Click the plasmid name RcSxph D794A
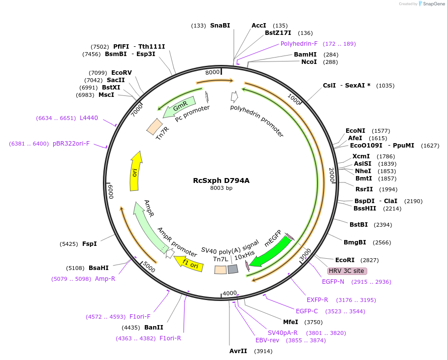(x=221, y=180)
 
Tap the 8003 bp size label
(x=221, y=188)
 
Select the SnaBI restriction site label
(x=220, y=26)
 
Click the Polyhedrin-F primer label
(x=299, y=44)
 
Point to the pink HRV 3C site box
(x=347, y=271)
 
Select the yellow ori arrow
(x=135, y=171)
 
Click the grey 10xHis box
(x=233, y=269)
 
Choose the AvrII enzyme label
(x=238, y=351)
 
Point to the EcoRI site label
(x=345, y=260)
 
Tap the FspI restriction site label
(x=89, y=243)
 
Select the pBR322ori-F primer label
(x=71, y=144)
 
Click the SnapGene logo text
(x=433, y=4)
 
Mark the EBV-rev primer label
(x=267, y=340)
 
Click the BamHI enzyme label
(x=305, y=55)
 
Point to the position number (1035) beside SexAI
(x=385, y=86)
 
